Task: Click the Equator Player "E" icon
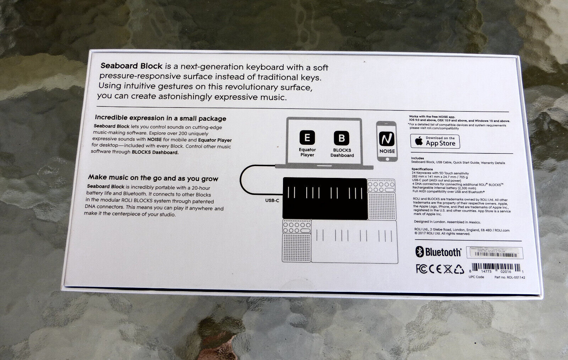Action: (307, 137)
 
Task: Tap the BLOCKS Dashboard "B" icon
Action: (342, 138)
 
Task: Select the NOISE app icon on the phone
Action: (386, 139)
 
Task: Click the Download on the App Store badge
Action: (435, 142)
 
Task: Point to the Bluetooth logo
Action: (438, 252)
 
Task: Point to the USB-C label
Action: (272, 200)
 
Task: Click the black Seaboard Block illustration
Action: (324, 198)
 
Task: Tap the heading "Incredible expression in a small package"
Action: (160, 118)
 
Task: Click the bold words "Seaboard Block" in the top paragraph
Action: (131, 66)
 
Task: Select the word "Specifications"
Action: (422, 169)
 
